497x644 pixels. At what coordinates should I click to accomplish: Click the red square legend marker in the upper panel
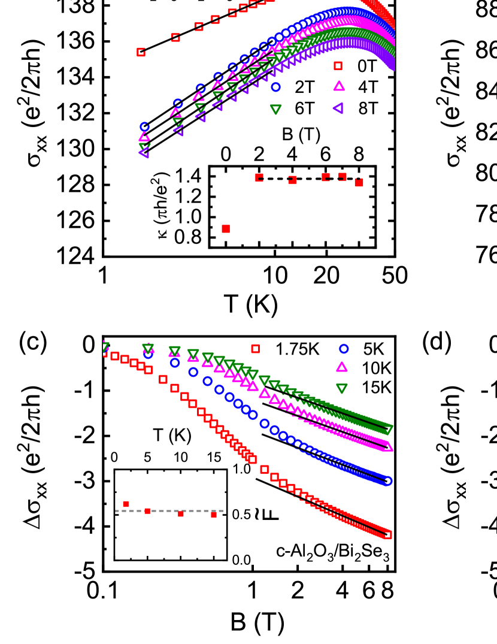point(338,66)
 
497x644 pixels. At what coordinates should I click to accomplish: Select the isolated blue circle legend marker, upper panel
point(275,87)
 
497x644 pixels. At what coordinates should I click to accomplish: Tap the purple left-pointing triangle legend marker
point(338,108)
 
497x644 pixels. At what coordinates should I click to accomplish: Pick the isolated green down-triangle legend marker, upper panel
point(275,109)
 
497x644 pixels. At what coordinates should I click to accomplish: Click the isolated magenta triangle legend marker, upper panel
point(339,86)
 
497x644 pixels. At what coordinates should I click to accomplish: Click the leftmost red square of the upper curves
point(141,52)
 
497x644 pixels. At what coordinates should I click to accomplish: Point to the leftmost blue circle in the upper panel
point(144,127)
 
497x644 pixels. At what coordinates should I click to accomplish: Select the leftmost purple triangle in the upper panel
point(144,153)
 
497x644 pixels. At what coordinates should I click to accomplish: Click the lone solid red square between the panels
point(226,229)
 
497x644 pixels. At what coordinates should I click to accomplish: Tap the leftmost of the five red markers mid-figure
point(259,177)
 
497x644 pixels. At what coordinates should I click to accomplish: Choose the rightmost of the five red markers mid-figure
point(359,182)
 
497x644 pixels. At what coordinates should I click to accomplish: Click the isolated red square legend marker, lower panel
point(255,349)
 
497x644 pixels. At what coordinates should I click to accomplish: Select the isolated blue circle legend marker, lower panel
point(344,349)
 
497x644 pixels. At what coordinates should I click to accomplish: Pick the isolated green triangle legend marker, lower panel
point(341,388)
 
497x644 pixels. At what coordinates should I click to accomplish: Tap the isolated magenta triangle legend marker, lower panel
point(341,367)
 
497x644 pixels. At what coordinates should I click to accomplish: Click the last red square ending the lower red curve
point(387,534)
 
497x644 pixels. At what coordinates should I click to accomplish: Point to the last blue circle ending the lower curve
point(387,480)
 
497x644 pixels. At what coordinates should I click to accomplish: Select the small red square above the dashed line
point(126,504)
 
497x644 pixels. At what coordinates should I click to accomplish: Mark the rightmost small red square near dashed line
point(214,514)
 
